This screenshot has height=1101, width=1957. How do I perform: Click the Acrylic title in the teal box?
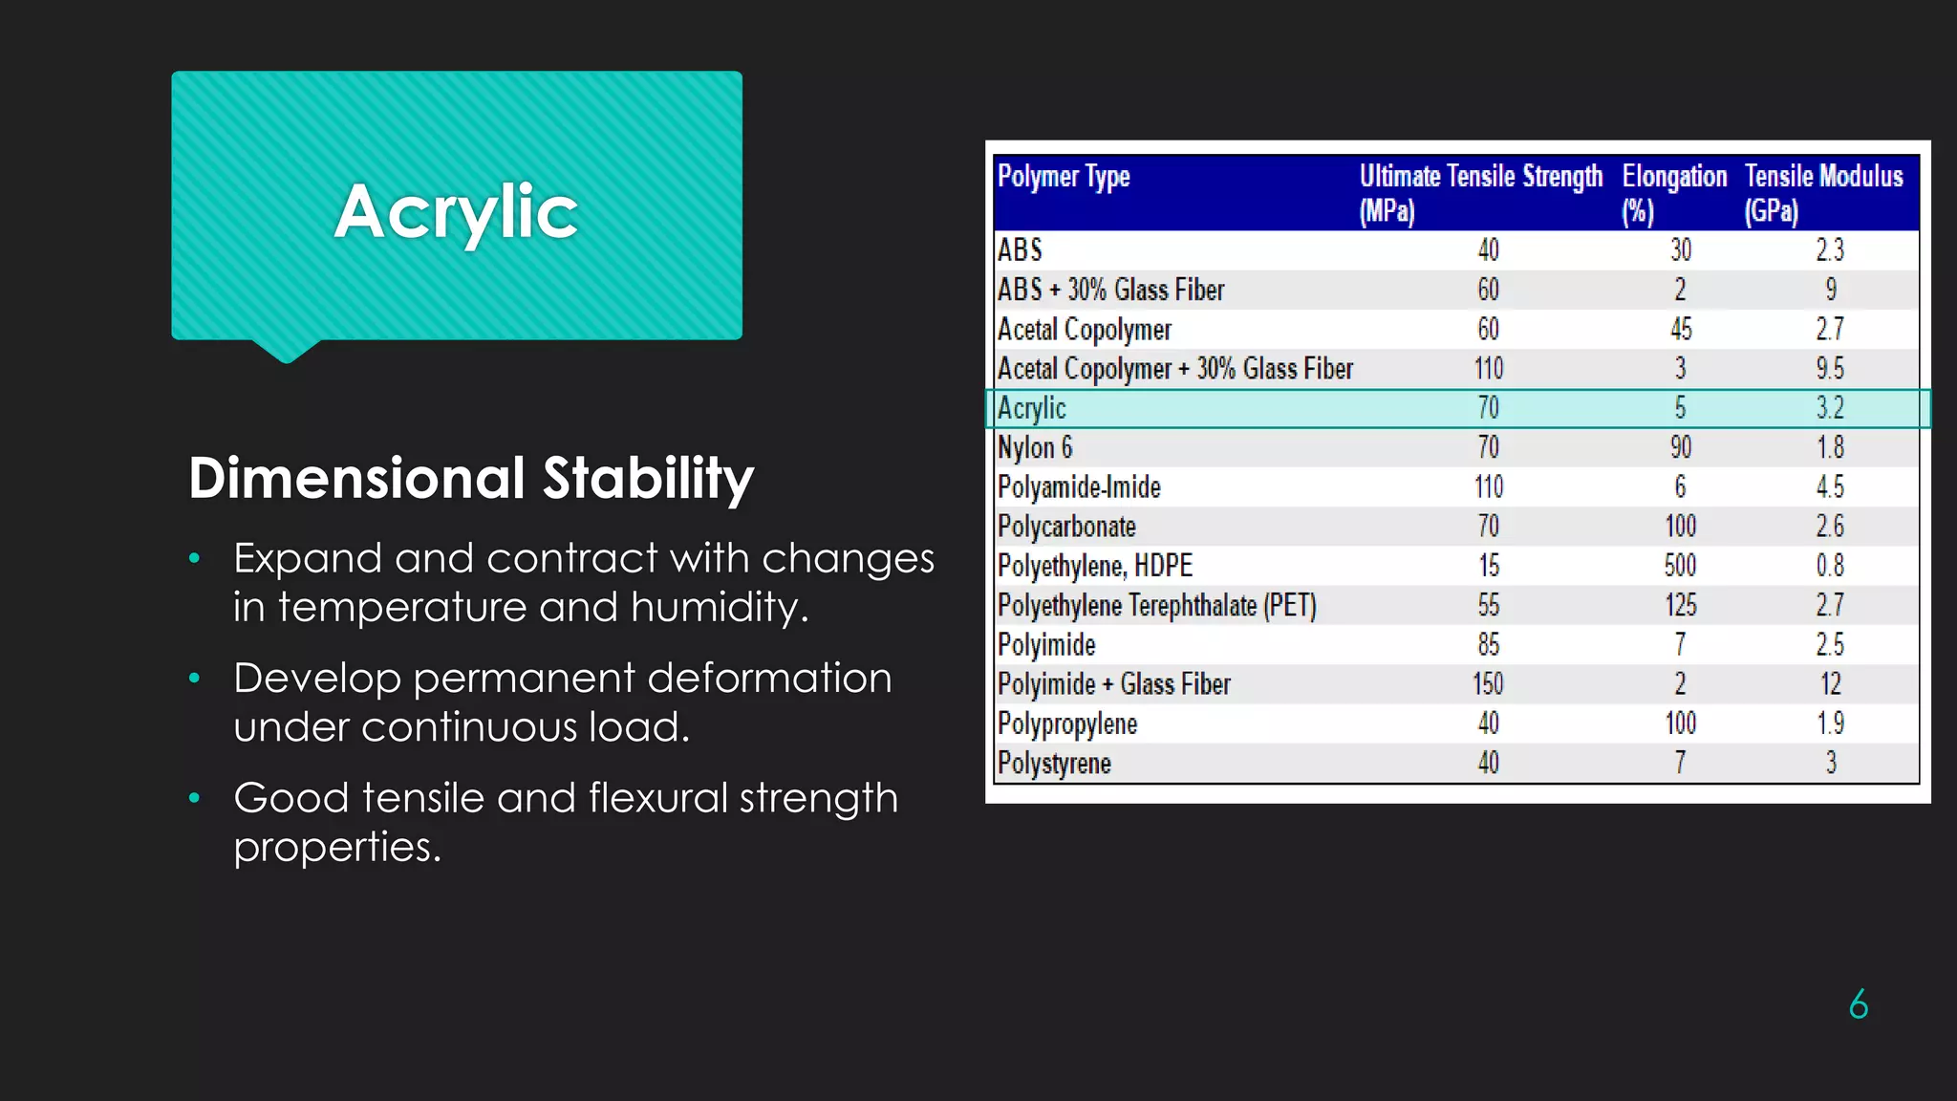[456, 211]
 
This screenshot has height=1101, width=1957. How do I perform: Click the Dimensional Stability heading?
[471, 478]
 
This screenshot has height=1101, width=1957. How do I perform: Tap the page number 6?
[1859, 1004]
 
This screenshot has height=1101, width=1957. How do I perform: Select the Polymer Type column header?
[1064, 177]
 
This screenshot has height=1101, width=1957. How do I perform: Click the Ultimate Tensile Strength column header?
[1480, 192]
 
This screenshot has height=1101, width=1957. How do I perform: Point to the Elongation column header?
[1674, 192]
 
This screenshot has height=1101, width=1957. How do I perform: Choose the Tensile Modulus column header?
[1823, 192]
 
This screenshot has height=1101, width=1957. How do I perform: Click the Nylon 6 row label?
[1035, 447]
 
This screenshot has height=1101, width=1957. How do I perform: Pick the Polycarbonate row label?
[1066, 527]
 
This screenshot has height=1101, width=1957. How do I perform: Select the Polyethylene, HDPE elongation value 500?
[1680, 566]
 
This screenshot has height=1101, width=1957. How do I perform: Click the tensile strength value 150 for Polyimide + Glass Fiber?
[1488, 684]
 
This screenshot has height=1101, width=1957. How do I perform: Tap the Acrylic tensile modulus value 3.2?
[1830, 408]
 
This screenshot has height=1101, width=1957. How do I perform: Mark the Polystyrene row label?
[1054, 764]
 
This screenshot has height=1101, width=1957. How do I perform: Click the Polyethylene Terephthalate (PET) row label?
[1156, 606]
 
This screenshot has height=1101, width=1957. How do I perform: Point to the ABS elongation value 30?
[1681, 250]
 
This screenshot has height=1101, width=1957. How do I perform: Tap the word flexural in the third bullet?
[657, 798]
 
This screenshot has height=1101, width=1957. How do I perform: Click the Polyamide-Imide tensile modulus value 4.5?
[1830, 487]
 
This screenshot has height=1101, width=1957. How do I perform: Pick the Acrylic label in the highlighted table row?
[1031, 408]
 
